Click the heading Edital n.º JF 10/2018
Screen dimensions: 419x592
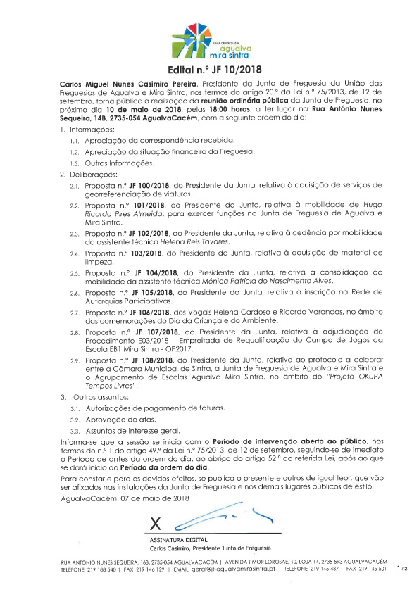click(209, 70)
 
